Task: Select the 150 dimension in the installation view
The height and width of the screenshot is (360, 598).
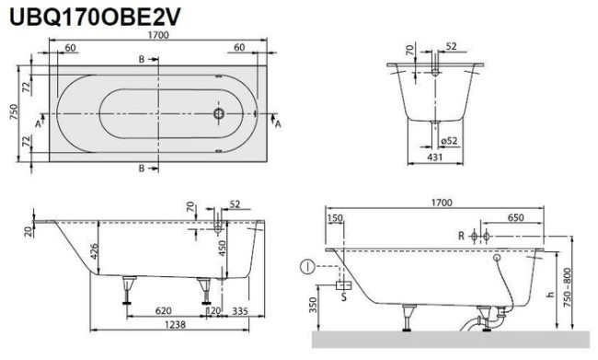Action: [334, 218]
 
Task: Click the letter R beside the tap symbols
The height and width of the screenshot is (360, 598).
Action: [463, 236]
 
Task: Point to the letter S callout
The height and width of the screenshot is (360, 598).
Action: [343, 296]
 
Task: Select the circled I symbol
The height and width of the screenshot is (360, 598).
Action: [305, 270]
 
